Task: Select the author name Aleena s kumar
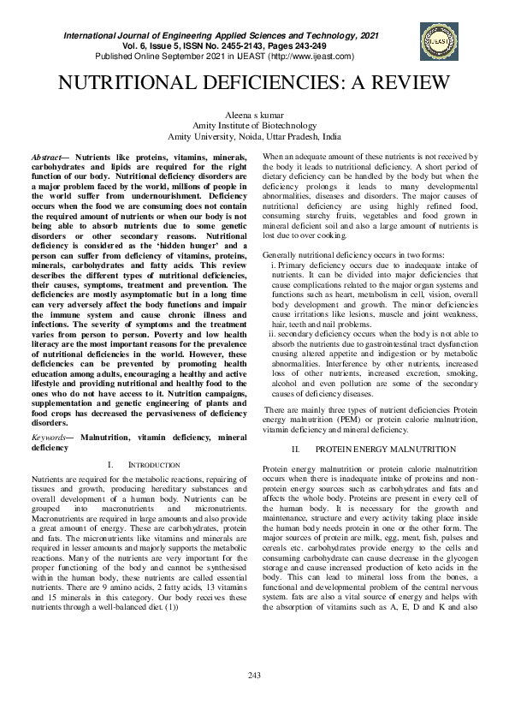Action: pyautogui.click(x=254, y=115)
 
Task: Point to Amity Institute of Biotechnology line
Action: pyautogui.click(x=254, y=125)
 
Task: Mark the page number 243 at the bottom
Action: pyautogui.click(x=254, y=700)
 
